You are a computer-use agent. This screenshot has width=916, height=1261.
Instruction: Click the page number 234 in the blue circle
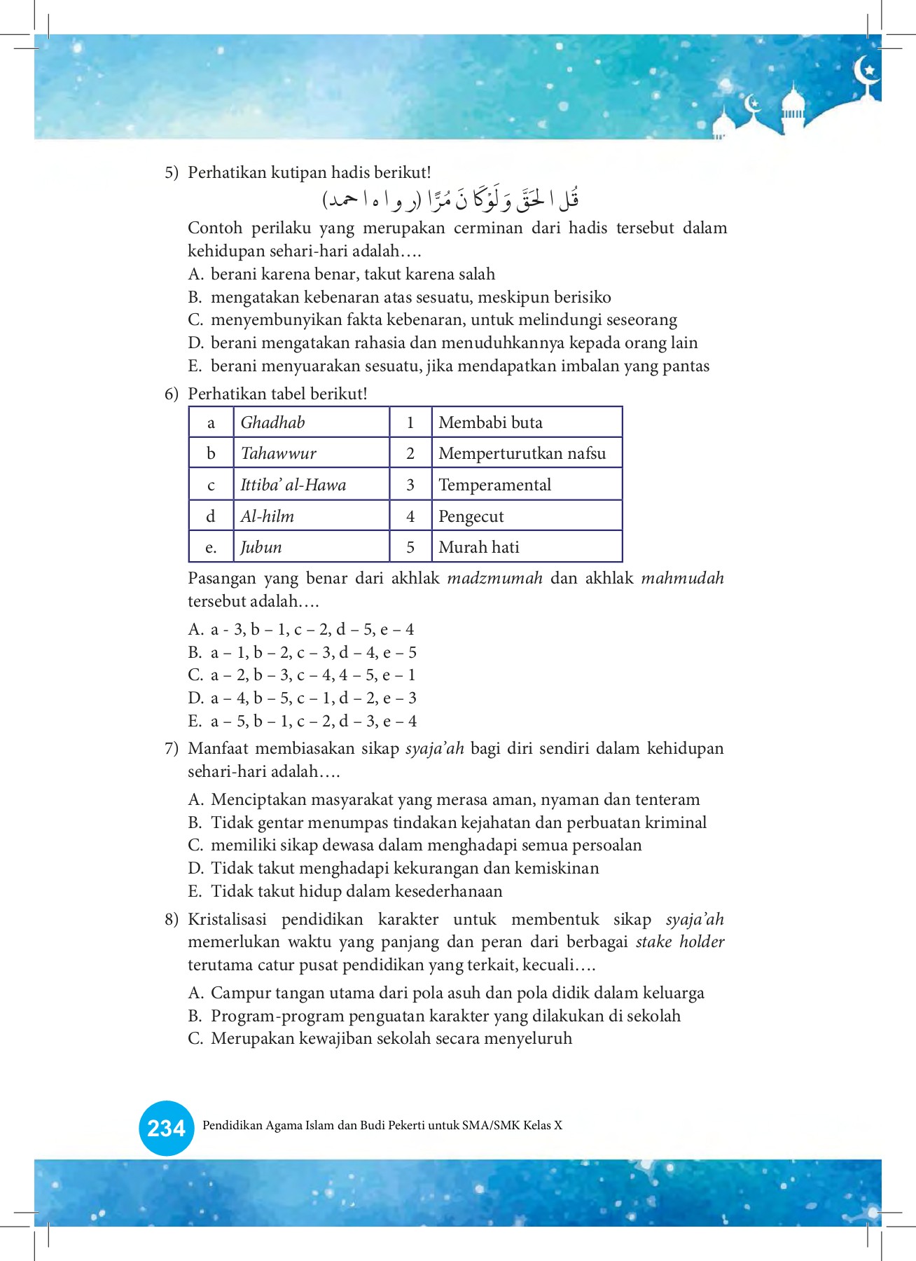(x=166, y=1128)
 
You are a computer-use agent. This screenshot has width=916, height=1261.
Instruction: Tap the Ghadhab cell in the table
(x=311, y=422)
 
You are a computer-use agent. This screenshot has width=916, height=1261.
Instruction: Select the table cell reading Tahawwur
(x=311, y=453)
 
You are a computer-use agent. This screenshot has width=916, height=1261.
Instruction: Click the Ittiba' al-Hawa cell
(x=311, y=485)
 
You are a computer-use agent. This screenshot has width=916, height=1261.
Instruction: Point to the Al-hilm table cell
(x=311, y=516)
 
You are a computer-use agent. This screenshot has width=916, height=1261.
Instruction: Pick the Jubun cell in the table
(x=311, y=547)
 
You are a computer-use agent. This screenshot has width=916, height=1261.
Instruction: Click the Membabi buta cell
(x=527, y=422)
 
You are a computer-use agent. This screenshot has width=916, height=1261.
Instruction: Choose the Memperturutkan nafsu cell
(x=527, y=453)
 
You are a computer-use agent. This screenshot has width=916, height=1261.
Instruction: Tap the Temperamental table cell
(x=527, y=485)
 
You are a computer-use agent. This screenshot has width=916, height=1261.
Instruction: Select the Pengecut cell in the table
(x=527, y=516)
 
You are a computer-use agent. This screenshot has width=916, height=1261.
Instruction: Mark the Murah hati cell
(x=527, y=547)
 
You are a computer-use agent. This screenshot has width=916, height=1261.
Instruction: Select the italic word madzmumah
(x=494, y=579)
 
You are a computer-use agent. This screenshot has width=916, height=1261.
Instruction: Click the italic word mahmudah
(x=682, y=579)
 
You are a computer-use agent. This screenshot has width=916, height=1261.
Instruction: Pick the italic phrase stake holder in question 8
(x=679, y=942)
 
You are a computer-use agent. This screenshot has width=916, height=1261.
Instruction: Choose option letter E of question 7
(x=195, y=892)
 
